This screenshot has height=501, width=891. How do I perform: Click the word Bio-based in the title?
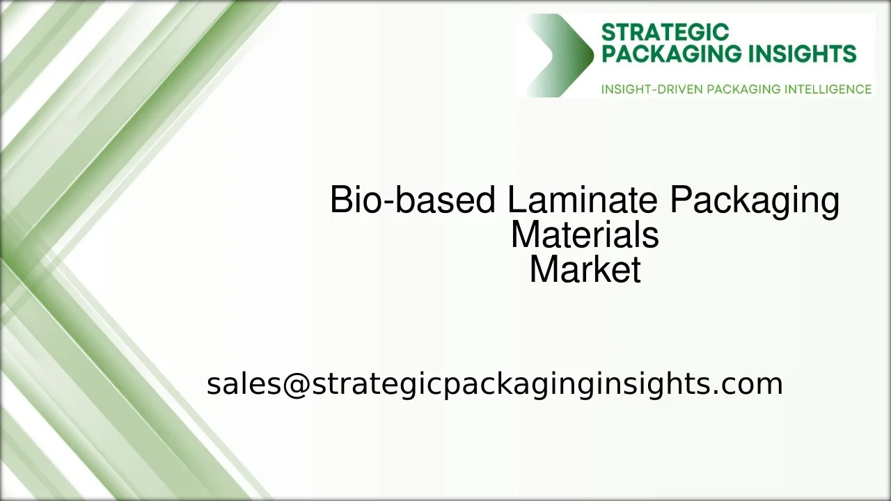(x=412, y=200)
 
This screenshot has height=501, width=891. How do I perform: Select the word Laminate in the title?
(x=582, y=200)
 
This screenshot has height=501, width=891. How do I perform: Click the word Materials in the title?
(x=585, y=235)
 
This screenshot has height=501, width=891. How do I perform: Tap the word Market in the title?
(x=585, y=270)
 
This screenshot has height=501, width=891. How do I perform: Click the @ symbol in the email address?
(x=295, y=384)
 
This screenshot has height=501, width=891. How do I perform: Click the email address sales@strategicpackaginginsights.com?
(x=494, y=384)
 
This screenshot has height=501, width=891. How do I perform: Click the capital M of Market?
(x=542, y=270)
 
